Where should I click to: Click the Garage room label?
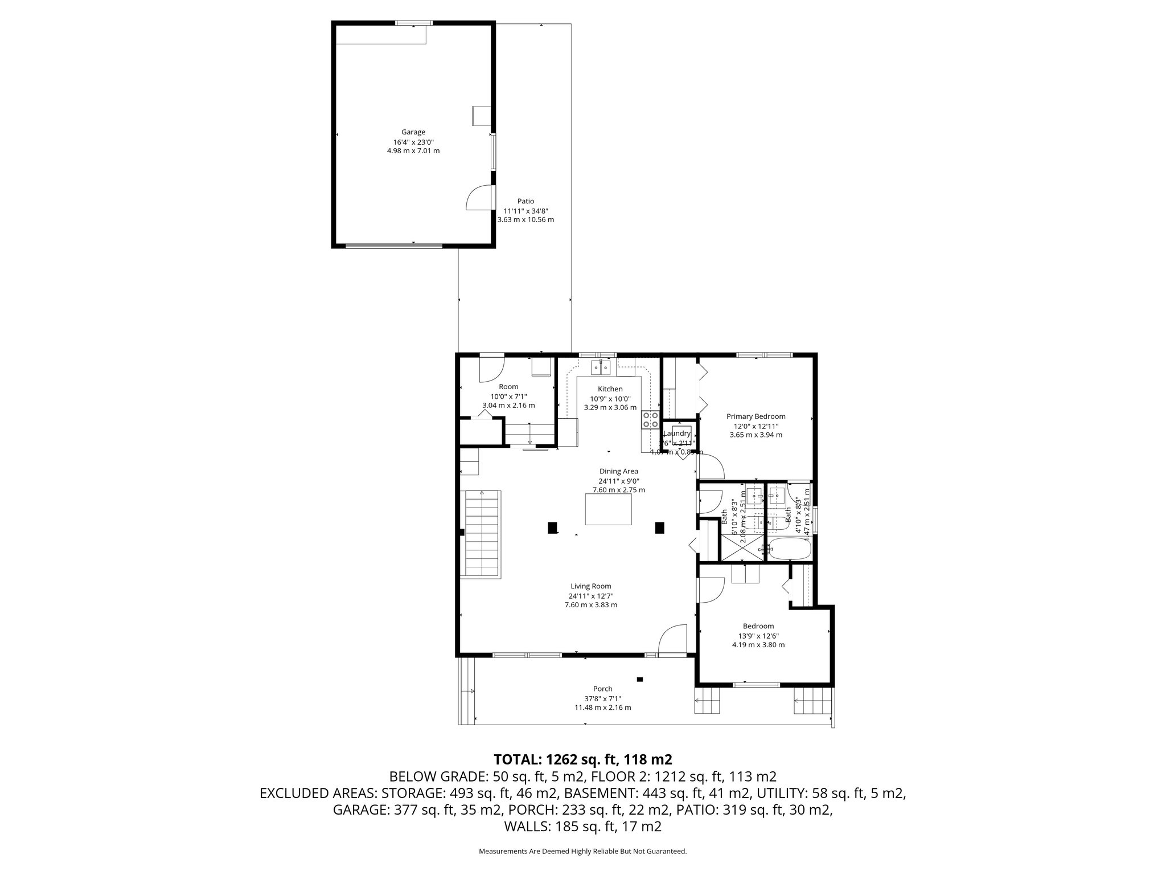(413, 132)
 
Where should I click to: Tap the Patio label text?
(525, 201)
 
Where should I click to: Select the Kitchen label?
(610, 389)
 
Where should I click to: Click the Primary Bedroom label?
(756, 416)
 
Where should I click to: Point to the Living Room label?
(590, 586)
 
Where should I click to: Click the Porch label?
(602, 689)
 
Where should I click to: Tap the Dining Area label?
(618, 471)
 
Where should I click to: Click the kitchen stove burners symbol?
(650, 420)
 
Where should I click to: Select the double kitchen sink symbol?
(601, 368)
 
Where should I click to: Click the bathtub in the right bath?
(787, 550)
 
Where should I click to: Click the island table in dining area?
(608, 509)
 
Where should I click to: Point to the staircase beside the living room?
(483, 533)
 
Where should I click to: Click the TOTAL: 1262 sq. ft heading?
(582, 759)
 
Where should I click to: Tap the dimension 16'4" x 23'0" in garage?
(413, 142)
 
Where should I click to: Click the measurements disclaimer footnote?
(582, 851)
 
